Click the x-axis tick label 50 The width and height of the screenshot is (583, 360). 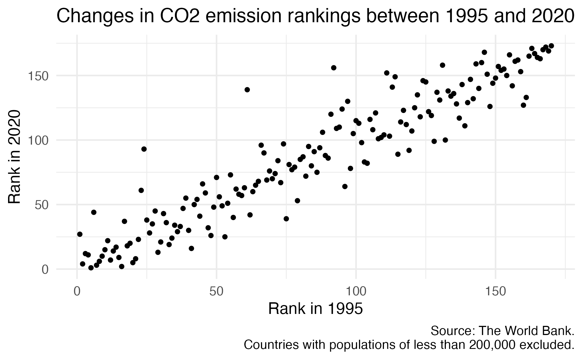coord(216,292)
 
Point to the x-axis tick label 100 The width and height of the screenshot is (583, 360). coord(356,292)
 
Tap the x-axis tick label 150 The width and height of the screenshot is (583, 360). coord(495,292)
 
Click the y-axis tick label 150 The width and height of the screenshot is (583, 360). coord(38,76)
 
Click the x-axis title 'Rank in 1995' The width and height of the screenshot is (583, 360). coord(316,309)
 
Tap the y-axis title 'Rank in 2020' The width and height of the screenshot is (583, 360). coord(14,157)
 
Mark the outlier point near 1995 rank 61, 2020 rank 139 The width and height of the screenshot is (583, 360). coord(247,90)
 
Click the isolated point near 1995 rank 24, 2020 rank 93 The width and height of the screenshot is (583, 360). coord(144,149)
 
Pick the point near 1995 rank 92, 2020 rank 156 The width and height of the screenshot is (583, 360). coord(334,68)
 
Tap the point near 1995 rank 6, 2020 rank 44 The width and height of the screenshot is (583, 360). coord(94,212)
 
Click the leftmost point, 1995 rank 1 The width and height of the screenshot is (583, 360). coord(80,234)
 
